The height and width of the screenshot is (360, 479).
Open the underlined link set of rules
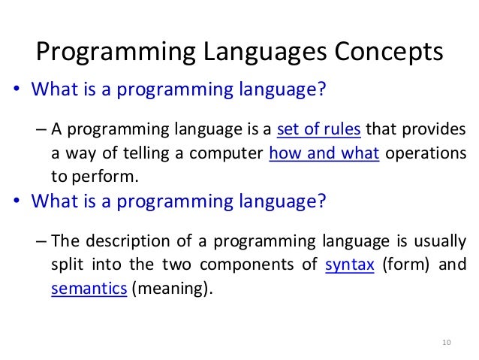click(319, 129)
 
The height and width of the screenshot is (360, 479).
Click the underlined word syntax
click(350, 265)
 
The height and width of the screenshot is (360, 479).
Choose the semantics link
click(89, 289)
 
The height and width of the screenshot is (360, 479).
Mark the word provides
click(433, 129)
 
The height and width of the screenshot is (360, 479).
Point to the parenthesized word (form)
click(408, 265)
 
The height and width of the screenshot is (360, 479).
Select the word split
click(72, 265)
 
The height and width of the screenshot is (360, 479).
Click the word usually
click(441, 241)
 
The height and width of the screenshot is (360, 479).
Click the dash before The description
click(42, 241)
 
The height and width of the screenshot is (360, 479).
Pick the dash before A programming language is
click(42, 129)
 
